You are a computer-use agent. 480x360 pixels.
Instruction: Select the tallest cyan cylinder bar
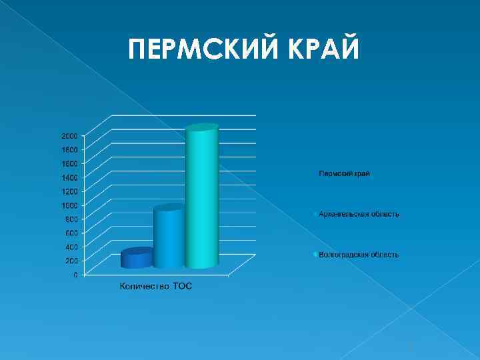tap(202, 200)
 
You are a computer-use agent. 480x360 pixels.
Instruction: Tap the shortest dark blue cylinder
tap(137, 259)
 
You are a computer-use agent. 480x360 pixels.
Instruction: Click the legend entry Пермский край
tap(344, 173)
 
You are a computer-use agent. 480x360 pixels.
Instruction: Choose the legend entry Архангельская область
tap(359, 214)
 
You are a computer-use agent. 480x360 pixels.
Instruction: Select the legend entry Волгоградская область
tap(359, 255)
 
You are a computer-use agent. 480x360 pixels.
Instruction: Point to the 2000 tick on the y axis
tap(69, 135)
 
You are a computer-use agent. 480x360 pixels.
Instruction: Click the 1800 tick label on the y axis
tap(69, 149)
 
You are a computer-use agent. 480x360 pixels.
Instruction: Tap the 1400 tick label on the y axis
tap(69, 177)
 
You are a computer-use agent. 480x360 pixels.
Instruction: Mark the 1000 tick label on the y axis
tap(69, 205)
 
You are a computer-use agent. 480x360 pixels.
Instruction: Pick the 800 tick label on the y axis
tap(71, 219)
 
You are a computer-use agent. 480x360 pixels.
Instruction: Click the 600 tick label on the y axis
tap(71, 233)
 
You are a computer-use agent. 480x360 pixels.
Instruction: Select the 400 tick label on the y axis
tap(71, 247)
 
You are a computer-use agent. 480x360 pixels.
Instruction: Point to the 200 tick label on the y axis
tap(71, 261)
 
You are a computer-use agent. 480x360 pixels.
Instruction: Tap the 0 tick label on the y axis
tap(75, 275)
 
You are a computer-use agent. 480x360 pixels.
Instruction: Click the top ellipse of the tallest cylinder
tap(202, 128)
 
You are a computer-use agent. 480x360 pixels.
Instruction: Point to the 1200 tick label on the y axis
tap(69, 191)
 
